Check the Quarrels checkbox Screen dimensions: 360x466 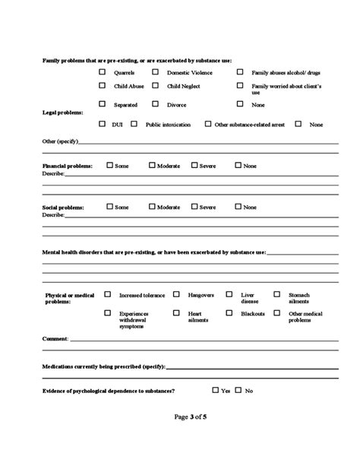pyautogui.click(x=103, y=72)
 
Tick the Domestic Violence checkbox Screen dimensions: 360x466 pyautogui.click(x=156, y=72)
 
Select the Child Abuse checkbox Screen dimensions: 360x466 pyautogui.click(x=103, y=86)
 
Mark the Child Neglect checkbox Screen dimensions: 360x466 pyautogui.click(x=156, y=86)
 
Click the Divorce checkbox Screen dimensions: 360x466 pyautogui.click(x=156, y=103)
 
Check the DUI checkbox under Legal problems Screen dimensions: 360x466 pyautogui.click(x=103, y=123)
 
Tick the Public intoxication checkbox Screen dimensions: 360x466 pyautogui.click(x=134, y=123)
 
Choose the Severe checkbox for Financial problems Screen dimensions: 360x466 pyautogui.click(x=194, y=165)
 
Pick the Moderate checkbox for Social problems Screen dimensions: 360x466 pyautogui.click(x=152, y=206)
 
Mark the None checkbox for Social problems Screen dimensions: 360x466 pyautogui.click(x=238, y=206)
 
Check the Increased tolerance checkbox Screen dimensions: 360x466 pyautogui.click(x=107, y=293)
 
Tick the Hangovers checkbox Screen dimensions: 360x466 pyautogui.click(x=176, y=293)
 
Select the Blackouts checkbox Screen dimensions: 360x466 pyautogui.click(x=230, y=312)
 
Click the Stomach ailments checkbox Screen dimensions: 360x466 pyautogui.click(x=277, y=293)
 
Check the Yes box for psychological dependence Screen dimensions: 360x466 pyautogui.click(x=216, y=390)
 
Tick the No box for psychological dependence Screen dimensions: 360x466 pyautogui.click(x=238, y=390)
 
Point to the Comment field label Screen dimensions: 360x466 pyautogui.click(x=55, y=338)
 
